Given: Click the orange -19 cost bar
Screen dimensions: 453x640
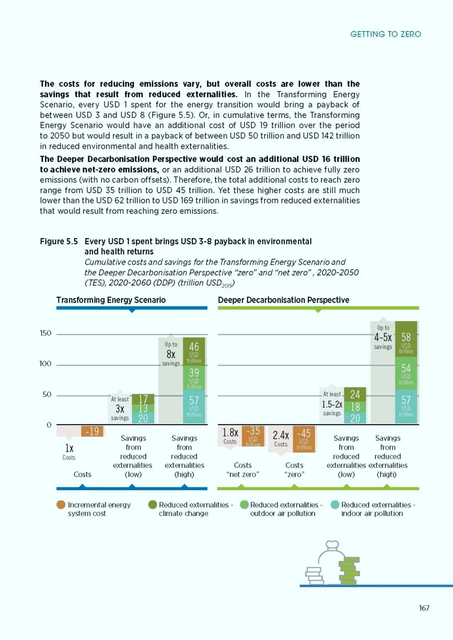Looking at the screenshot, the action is point(92,431).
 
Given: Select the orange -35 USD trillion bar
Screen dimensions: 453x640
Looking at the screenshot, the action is point(253,436).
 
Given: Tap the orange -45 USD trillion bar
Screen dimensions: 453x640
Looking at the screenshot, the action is point(304,439).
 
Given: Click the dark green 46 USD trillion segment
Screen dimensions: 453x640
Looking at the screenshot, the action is point(194,351).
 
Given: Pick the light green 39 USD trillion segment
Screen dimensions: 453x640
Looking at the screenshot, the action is point(194,378).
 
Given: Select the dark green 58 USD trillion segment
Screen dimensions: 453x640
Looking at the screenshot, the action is point(406,339).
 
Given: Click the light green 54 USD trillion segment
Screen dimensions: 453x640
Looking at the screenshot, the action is point(406,373).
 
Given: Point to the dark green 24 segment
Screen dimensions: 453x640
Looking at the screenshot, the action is point(355,395).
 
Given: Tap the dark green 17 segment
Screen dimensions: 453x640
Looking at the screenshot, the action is point(143,399).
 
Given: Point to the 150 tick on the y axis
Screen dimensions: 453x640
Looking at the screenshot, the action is point(45,333).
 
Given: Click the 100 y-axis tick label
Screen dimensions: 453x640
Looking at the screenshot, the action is point(45,364).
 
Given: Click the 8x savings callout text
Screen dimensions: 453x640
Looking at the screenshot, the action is point(171,354).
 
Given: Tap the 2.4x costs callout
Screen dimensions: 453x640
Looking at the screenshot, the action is point(281,438).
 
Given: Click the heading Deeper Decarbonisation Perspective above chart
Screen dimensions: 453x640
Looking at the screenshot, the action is point(284,300).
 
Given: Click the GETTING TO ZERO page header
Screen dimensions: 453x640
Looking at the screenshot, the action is point(385,34).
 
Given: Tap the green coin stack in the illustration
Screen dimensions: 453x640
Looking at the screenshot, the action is point(349,571).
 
